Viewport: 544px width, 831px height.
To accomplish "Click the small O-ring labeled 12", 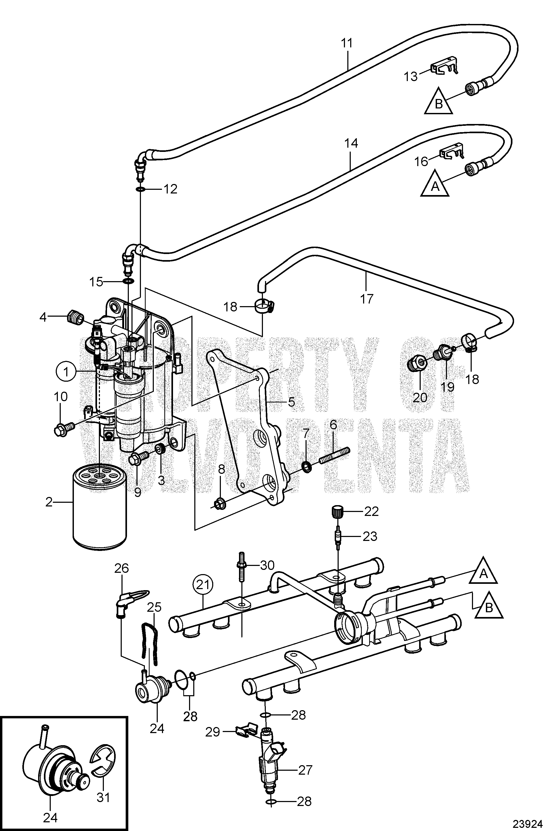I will coord(140,189).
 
